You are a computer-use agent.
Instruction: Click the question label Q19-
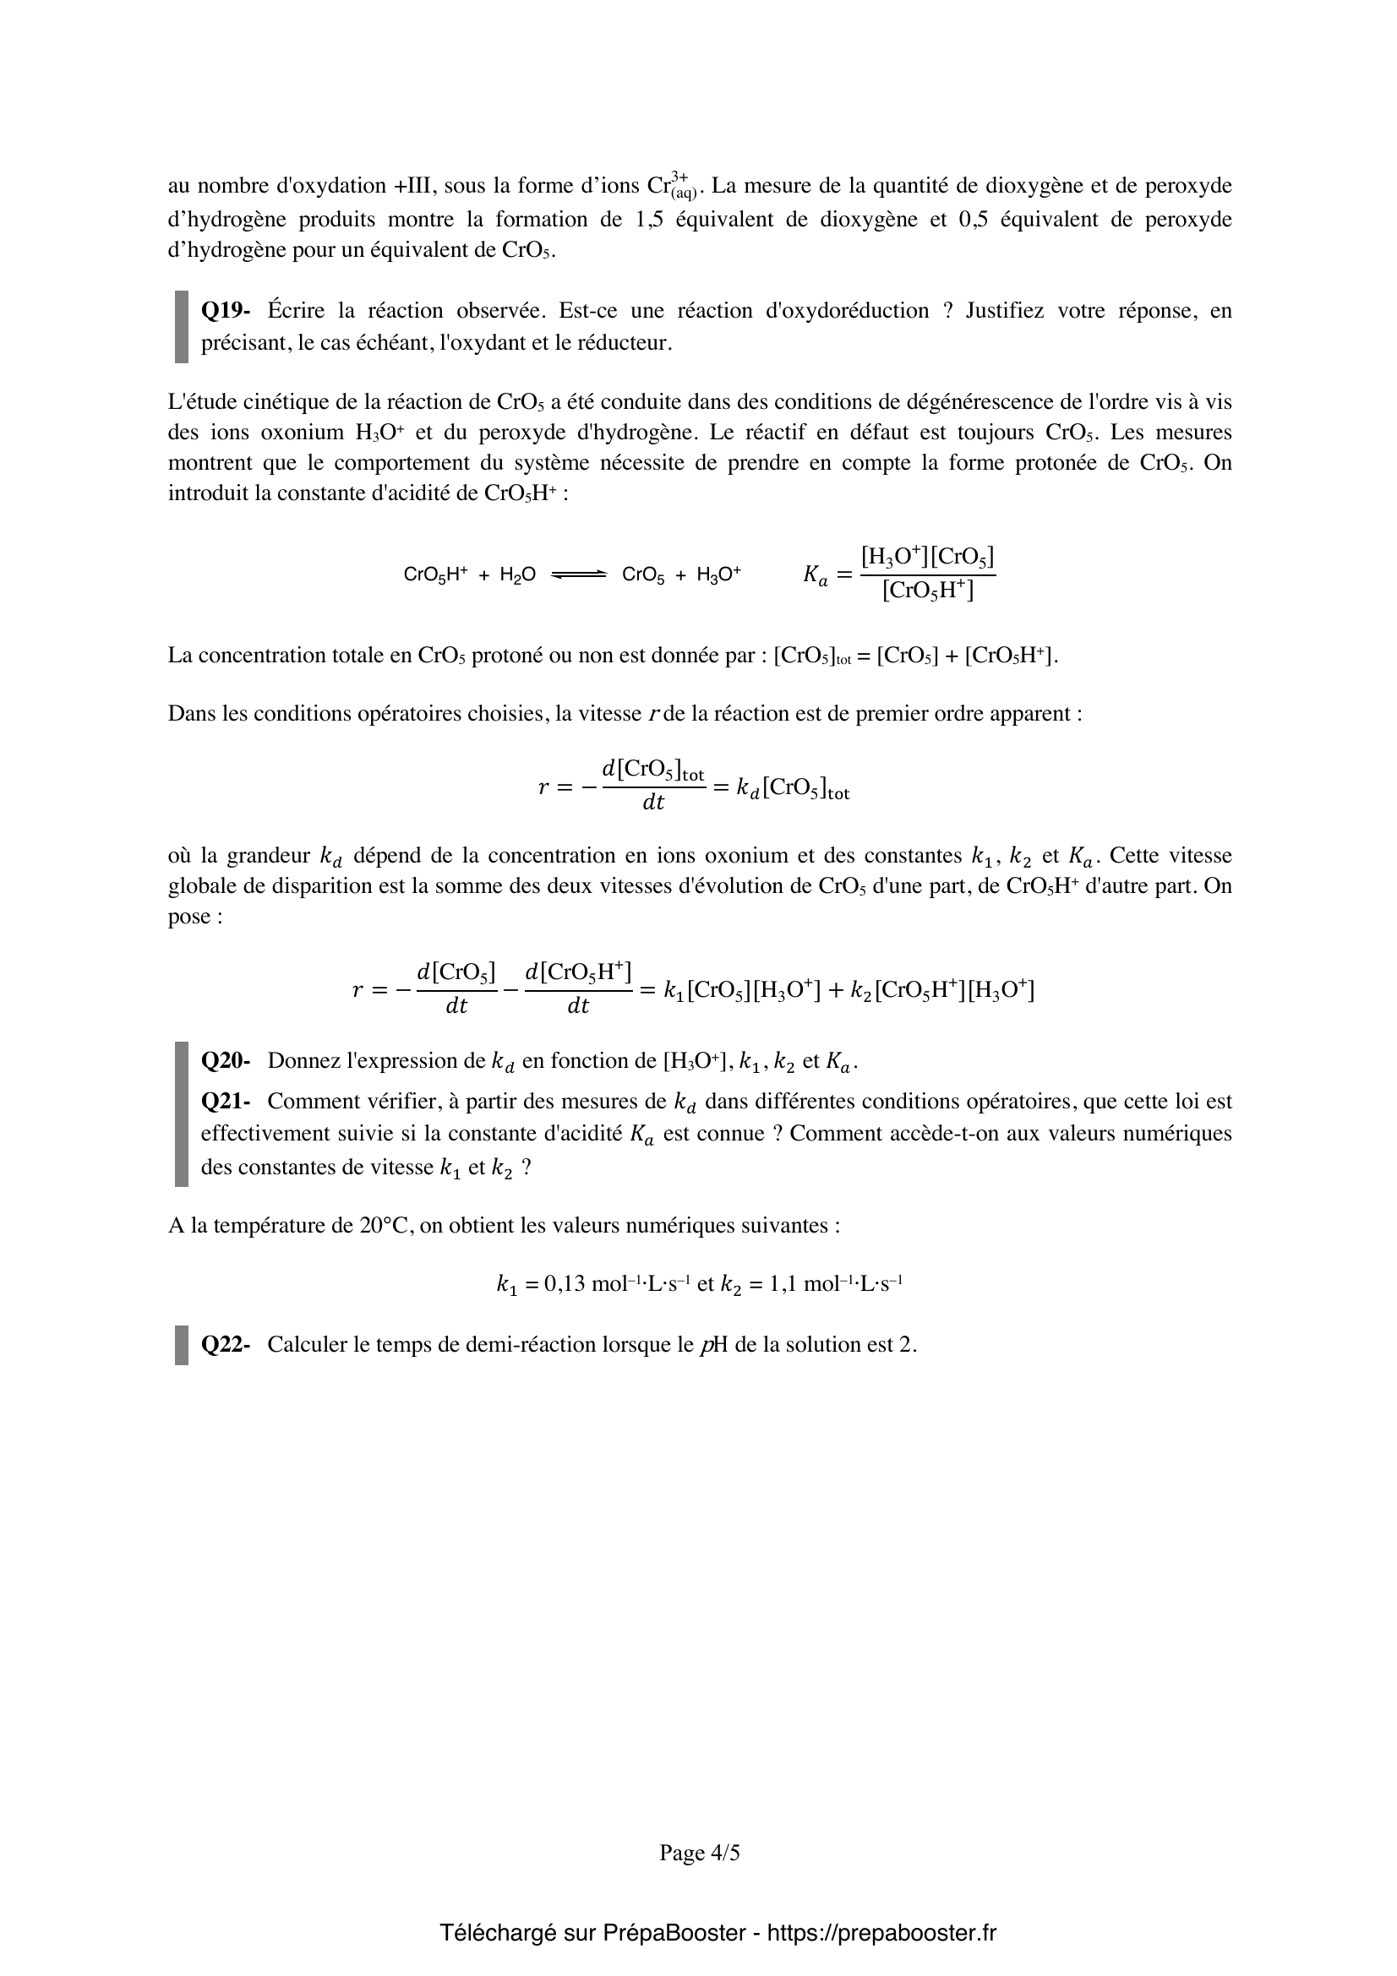[x=226, y=311]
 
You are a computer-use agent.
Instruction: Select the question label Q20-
[x=226, y=1060]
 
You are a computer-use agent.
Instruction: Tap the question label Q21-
[x=226, y=1101]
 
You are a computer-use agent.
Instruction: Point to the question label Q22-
[x=226, y=1344]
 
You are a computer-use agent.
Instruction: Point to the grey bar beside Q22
[x=182, y=1344]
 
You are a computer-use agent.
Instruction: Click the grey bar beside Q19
[x=182, y=326]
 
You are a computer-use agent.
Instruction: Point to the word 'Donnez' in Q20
[x=298, y=1060]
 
